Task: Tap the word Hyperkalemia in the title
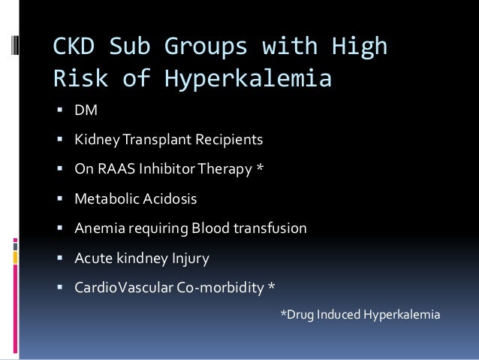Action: click(x=260, y=78)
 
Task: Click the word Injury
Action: click(x=189, y=259)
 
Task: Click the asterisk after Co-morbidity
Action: click(x=272, y=287)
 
